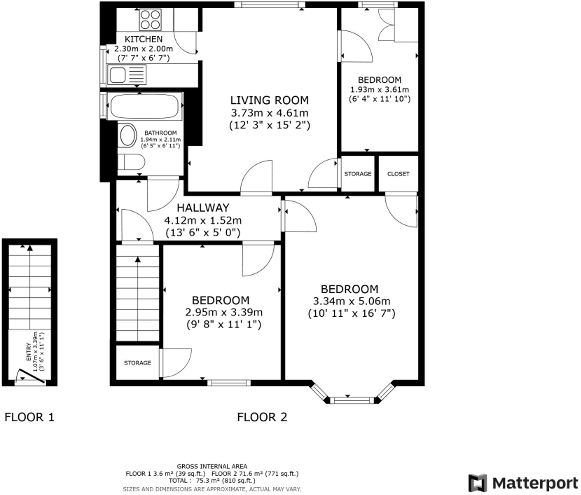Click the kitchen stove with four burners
coord(150,20)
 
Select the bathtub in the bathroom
coord(145,106)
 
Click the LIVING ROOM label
coord(269,100)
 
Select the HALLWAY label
coord(203,208)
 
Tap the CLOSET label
coord(398,174)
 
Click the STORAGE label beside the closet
coord(358,174)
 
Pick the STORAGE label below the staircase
coord(137,363)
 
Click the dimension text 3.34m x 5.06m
coord(352,301)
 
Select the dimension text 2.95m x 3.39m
coord(224,312)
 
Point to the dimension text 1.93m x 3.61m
coord(379,90)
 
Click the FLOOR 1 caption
coord(29,417)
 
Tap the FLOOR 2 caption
coord(262,417)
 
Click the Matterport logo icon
coord(477,483)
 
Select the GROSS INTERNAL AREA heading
coord(212,466)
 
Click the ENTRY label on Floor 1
coord(29,352)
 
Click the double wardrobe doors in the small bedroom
coord(386,24)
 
